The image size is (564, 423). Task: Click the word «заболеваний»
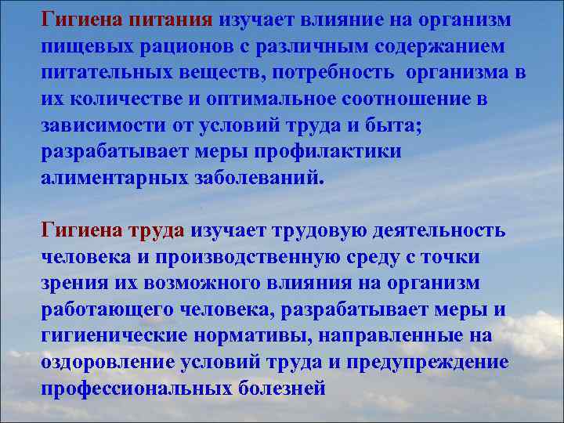[x=255, y=178]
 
